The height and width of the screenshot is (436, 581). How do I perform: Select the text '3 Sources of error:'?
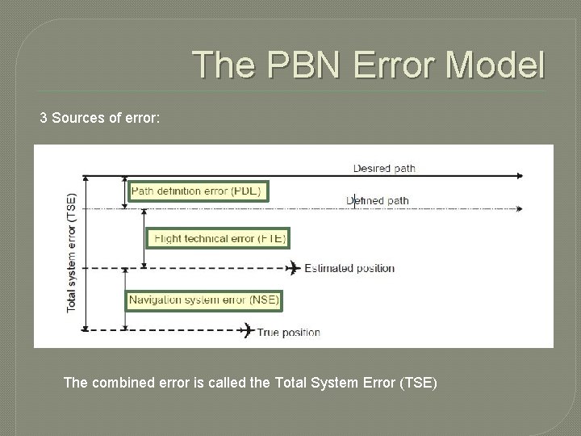pos(100,119)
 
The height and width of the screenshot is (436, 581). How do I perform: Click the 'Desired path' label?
pos(384,169)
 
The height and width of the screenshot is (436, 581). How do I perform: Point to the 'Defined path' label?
pos(378,200)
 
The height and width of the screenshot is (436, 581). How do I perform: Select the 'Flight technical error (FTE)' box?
pos(215,238)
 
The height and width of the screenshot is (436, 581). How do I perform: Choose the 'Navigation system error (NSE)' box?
pos(204,300)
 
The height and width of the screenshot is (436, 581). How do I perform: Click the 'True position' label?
pos(288,331)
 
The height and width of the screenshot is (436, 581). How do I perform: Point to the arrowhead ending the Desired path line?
pos(520,175)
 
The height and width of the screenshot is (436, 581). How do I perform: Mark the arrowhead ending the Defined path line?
pos(520,208)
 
